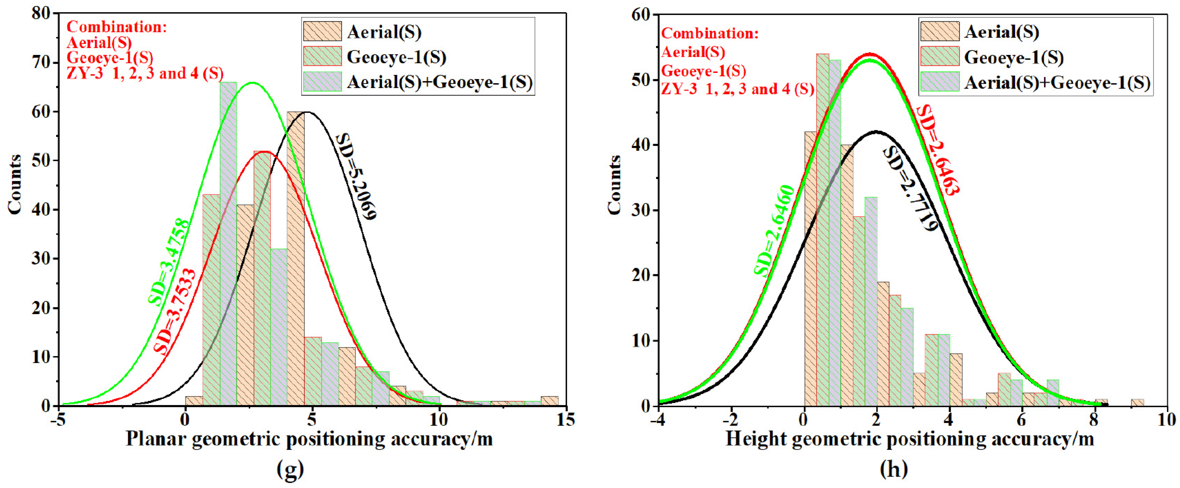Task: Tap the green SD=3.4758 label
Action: [168, 262]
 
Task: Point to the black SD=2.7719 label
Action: [910, 189]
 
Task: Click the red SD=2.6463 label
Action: [938, 150]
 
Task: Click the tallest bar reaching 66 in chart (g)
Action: [228, 243]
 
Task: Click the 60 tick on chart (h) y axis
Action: [640, 15]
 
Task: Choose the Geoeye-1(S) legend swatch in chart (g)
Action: [322, 56]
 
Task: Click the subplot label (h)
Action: [893, 469]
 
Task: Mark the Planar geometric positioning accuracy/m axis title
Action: [309, 439]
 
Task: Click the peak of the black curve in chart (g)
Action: [308, 112]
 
